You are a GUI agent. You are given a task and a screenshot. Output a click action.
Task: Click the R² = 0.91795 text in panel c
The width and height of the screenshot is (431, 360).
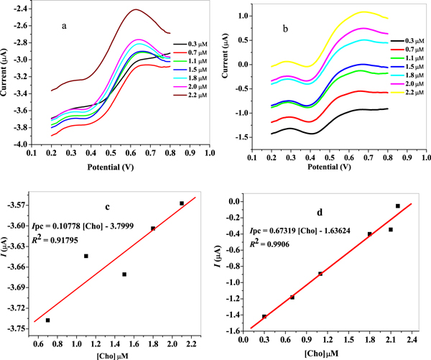[x=55, y=229]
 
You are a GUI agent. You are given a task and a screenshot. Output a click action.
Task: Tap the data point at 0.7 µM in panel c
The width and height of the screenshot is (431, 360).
[x=47, y=320]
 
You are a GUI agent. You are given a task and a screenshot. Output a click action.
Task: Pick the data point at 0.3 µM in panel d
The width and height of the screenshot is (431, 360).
[x=264, y=316]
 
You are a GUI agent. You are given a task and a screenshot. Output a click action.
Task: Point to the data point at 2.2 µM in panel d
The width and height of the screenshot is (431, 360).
[x=398, y=206]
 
